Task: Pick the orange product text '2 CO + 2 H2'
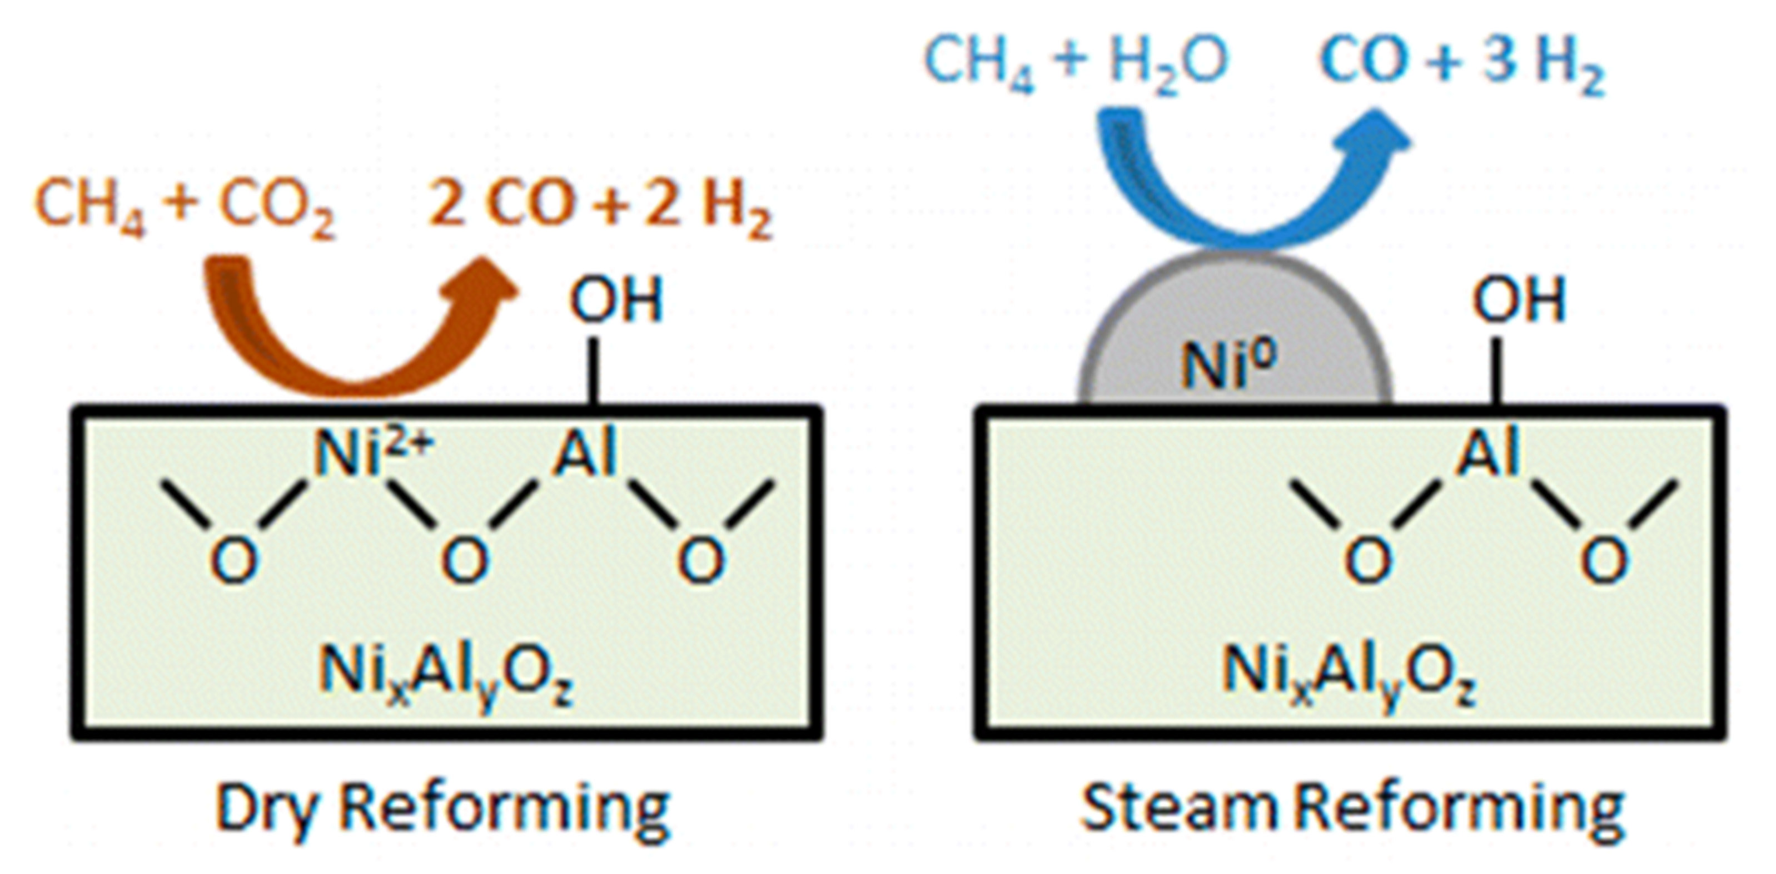(600, 206)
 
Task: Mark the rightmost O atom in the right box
(1604, 560)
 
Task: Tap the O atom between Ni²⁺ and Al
(465, 560)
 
